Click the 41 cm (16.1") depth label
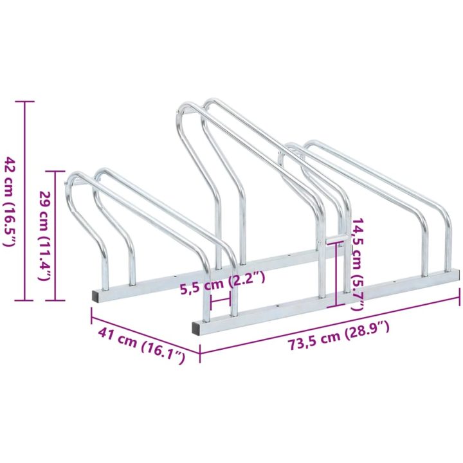click(141, 345)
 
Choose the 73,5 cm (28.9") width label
click(339, 336)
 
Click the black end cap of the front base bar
click(196, 328)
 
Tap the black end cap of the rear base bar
click(96, 296)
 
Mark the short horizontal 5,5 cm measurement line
click(220, 301)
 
